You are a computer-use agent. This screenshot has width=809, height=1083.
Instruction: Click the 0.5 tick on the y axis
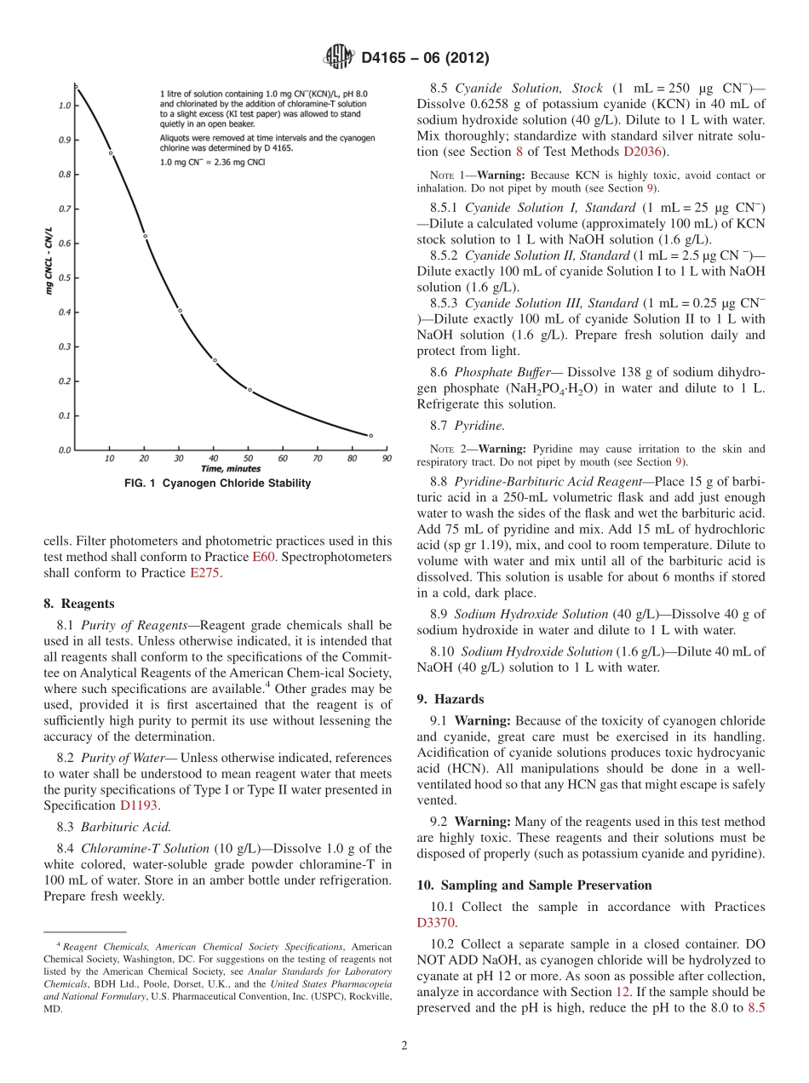[65, 278]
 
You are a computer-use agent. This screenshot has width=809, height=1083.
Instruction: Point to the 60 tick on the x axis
[283, 459]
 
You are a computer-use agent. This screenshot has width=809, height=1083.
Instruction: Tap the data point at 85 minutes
[370, 435]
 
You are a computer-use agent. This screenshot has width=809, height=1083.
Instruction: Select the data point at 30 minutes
[180, 310]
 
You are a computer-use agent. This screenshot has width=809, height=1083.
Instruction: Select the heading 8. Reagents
[78, 604]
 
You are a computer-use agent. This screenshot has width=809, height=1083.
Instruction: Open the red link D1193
[137, 805]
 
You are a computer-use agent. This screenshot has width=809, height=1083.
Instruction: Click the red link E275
[204, 573]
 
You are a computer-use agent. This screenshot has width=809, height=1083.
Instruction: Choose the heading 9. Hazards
[450, 699]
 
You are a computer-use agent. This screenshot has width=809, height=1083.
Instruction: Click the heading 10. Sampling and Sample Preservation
[534, 885]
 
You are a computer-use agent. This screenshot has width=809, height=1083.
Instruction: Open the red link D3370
[436, 922]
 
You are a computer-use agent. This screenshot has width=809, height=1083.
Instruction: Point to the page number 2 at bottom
[404, 1046]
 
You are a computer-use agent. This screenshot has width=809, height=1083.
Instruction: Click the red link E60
[263, 557]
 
